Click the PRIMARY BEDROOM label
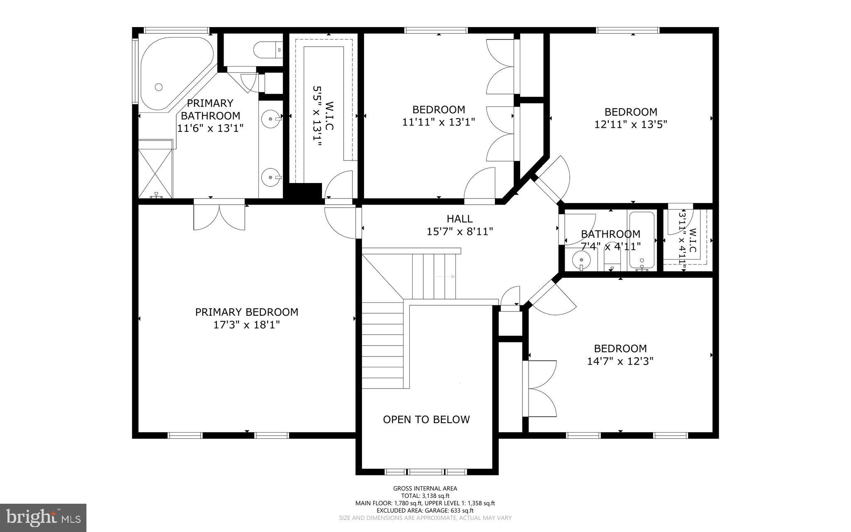click(x=246, y=312)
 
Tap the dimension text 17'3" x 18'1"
click(x=246, y=325)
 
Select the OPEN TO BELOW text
click(x=426, y=419)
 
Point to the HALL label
click(x=460, y=218)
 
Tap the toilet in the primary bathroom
click(x=266, y=50)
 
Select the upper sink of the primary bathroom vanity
click(x=271, y=119)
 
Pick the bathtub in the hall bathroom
click(x=642, y=240)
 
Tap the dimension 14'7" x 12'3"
click(x=620, y=361)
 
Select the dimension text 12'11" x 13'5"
click(x=631, y=124)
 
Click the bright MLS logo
click(x=43, y=517)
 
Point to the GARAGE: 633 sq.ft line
click(x=425, y=510)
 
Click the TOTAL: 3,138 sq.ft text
click(x=425, y=496)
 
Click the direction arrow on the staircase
click(x=445, y=277)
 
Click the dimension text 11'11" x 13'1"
click(x=438, y=122)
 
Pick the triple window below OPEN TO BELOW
click(x=426, y=472)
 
